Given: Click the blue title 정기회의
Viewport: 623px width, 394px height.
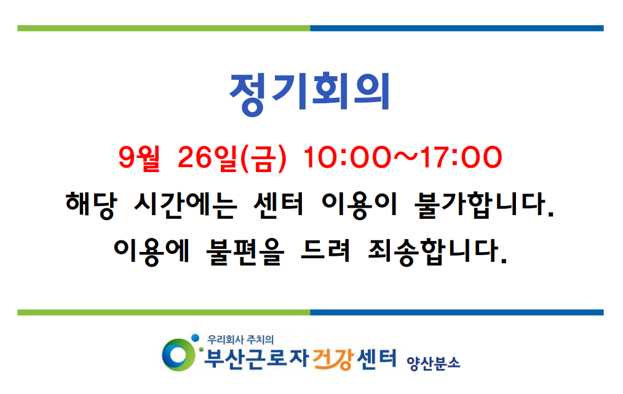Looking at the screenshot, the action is (x=310, y=93).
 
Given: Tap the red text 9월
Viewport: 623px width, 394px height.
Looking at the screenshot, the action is (x=139, y=158).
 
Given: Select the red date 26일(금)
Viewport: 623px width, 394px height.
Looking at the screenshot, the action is (x=232, y=159).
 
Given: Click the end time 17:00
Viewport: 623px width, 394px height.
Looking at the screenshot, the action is (x=461, y=157).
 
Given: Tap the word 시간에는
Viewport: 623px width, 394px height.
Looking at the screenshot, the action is (x=186, y=205).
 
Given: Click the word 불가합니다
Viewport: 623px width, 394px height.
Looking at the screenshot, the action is (x=483, y=205).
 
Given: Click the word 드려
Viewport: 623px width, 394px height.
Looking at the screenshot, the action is (x=325, y=251).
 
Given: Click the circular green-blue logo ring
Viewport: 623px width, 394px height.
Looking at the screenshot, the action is (x=178, y=355).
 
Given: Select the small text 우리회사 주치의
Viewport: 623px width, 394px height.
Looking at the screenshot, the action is (x=240, y=339).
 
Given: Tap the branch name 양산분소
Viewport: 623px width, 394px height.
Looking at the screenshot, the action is (x=433, y=363).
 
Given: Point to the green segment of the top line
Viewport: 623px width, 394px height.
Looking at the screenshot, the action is (x=164, y=28).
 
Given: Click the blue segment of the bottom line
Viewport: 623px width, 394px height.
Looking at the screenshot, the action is (x=457, y=313).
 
